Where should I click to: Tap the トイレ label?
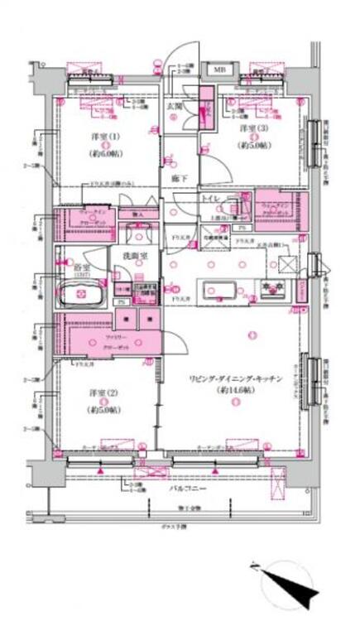pos(211,200)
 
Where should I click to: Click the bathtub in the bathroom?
pos(80,294)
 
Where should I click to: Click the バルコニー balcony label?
pos(176,489)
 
